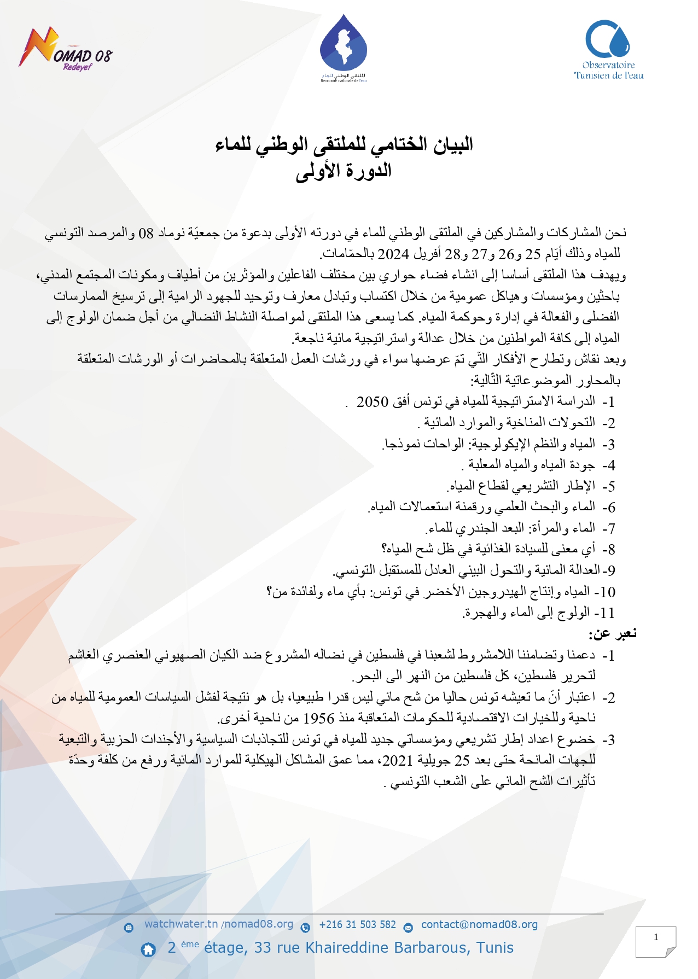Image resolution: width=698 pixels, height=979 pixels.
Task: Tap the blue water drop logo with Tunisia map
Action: [x=343, y=46]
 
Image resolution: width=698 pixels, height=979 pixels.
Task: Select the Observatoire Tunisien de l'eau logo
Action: [x=608, y=50]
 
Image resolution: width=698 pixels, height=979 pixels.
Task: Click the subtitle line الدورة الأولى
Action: [x=344, y=171]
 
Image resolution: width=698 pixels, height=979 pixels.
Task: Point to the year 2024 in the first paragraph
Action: [x=393, y=254]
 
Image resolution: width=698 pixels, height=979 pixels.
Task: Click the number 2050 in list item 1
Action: [x=373, y=402]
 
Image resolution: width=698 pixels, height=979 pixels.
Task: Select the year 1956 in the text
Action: [x=319, y=718]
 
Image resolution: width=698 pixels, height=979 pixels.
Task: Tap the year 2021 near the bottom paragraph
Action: [x=398, y=760]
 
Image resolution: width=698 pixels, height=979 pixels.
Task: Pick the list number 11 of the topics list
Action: [x=607, y=613]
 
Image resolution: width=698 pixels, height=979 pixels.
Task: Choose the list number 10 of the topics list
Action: [x=607, y=592]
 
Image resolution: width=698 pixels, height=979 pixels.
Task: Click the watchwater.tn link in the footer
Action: [x=181, y=924]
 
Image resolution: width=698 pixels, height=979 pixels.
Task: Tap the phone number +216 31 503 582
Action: [x=357, y=924]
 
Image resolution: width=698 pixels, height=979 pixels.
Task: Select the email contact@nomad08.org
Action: [x=479, y=924]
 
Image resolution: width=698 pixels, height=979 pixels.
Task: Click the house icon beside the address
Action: [x=148, y=949]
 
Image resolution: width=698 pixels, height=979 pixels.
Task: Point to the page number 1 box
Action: [x=656, y=941]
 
